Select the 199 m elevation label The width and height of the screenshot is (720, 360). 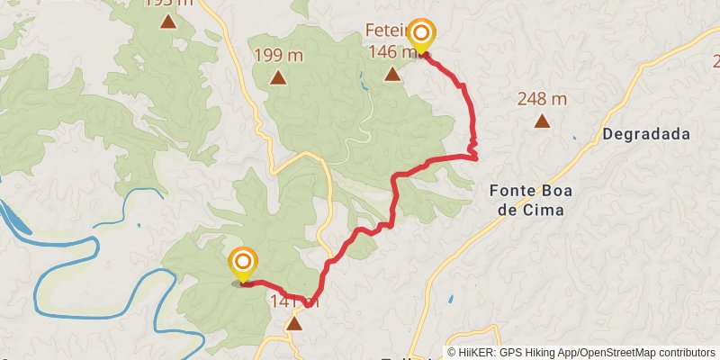279,56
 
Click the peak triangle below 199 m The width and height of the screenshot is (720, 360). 279,77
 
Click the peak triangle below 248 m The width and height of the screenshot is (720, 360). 542,121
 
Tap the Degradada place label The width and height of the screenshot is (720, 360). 646,134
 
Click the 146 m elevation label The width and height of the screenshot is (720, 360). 392,51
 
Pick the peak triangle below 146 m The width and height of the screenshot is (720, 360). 392,73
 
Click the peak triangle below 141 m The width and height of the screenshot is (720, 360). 293,322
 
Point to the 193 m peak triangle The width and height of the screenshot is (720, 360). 167,20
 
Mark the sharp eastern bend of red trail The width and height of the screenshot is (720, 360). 475,158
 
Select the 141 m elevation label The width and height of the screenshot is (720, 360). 293,302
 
